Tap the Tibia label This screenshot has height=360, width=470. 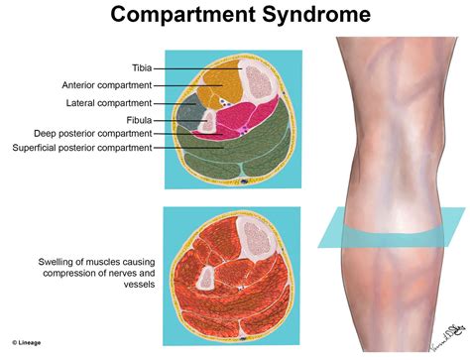[x=136, y=67]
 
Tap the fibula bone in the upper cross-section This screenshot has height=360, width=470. [x=209, y=119]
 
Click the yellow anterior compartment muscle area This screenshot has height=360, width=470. [x=218, y=87]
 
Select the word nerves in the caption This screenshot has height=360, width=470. [x=115, y=273]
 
